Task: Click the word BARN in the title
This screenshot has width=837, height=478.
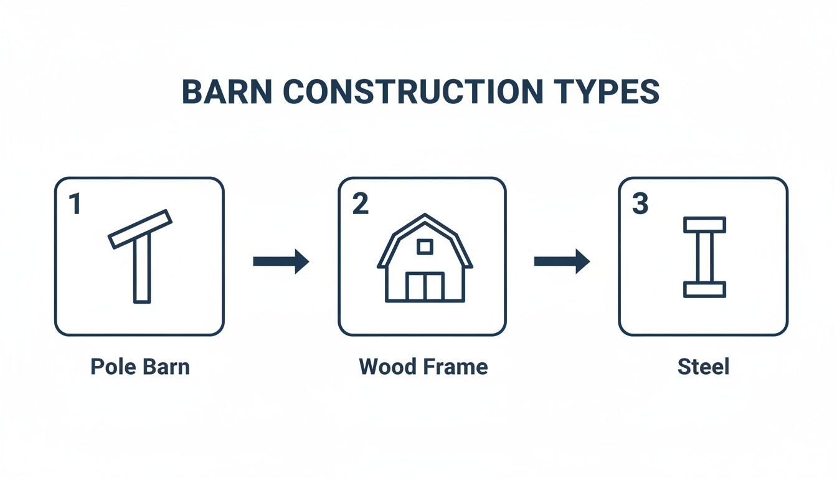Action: [227, 92]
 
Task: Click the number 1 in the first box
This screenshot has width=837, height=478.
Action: [75, 204]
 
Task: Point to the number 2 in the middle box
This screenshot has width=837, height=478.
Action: [360, 204]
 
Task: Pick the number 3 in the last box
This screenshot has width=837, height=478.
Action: [640, 204]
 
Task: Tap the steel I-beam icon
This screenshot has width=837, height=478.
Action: [704, 256]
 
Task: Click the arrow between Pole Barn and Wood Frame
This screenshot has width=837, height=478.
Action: [281, 261]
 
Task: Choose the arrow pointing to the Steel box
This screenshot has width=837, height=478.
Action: [562, 261]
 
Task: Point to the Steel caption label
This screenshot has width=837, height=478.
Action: [703, 366]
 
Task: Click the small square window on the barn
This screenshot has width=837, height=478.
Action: [425, 246]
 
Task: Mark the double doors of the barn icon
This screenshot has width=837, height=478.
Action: [425, 286]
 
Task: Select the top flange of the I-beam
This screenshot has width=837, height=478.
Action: [704, 225]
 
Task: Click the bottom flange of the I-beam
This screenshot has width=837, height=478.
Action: [704, 289]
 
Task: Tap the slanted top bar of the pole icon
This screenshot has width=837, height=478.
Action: [140, 229]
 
